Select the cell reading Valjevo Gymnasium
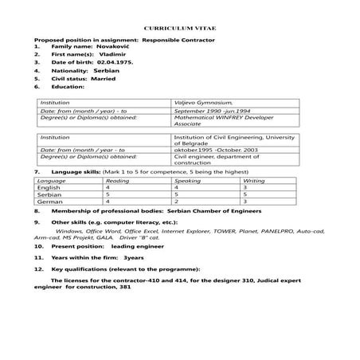pyautogui.click(x=204, y=103)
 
